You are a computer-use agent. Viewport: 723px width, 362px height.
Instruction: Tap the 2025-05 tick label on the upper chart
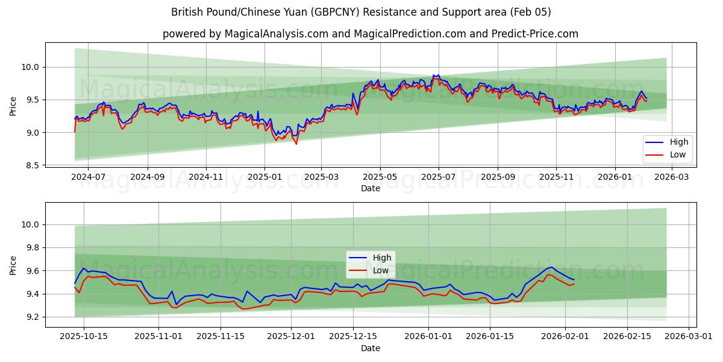tap(380, 178)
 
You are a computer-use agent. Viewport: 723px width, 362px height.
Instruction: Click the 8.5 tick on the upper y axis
tap(33, 165)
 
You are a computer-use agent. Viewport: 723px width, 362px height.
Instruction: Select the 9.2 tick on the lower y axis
tap(33, 317)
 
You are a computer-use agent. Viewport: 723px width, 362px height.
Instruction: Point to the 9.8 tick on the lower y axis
tap(33, 248)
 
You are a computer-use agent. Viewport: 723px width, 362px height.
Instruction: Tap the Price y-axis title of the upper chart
tap(13, 106)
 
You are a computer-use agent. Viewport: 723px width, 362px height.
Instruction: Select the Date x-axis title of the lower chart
tap(371, 348)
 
